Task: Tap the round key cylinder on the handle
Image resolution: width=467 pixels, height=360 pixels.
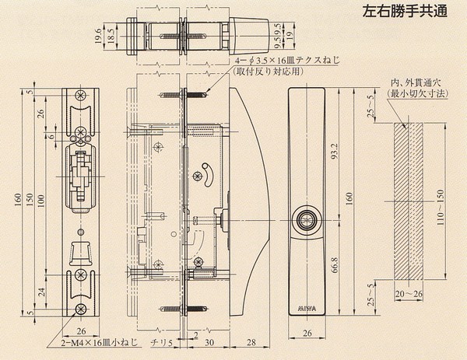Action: point(305,221)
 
